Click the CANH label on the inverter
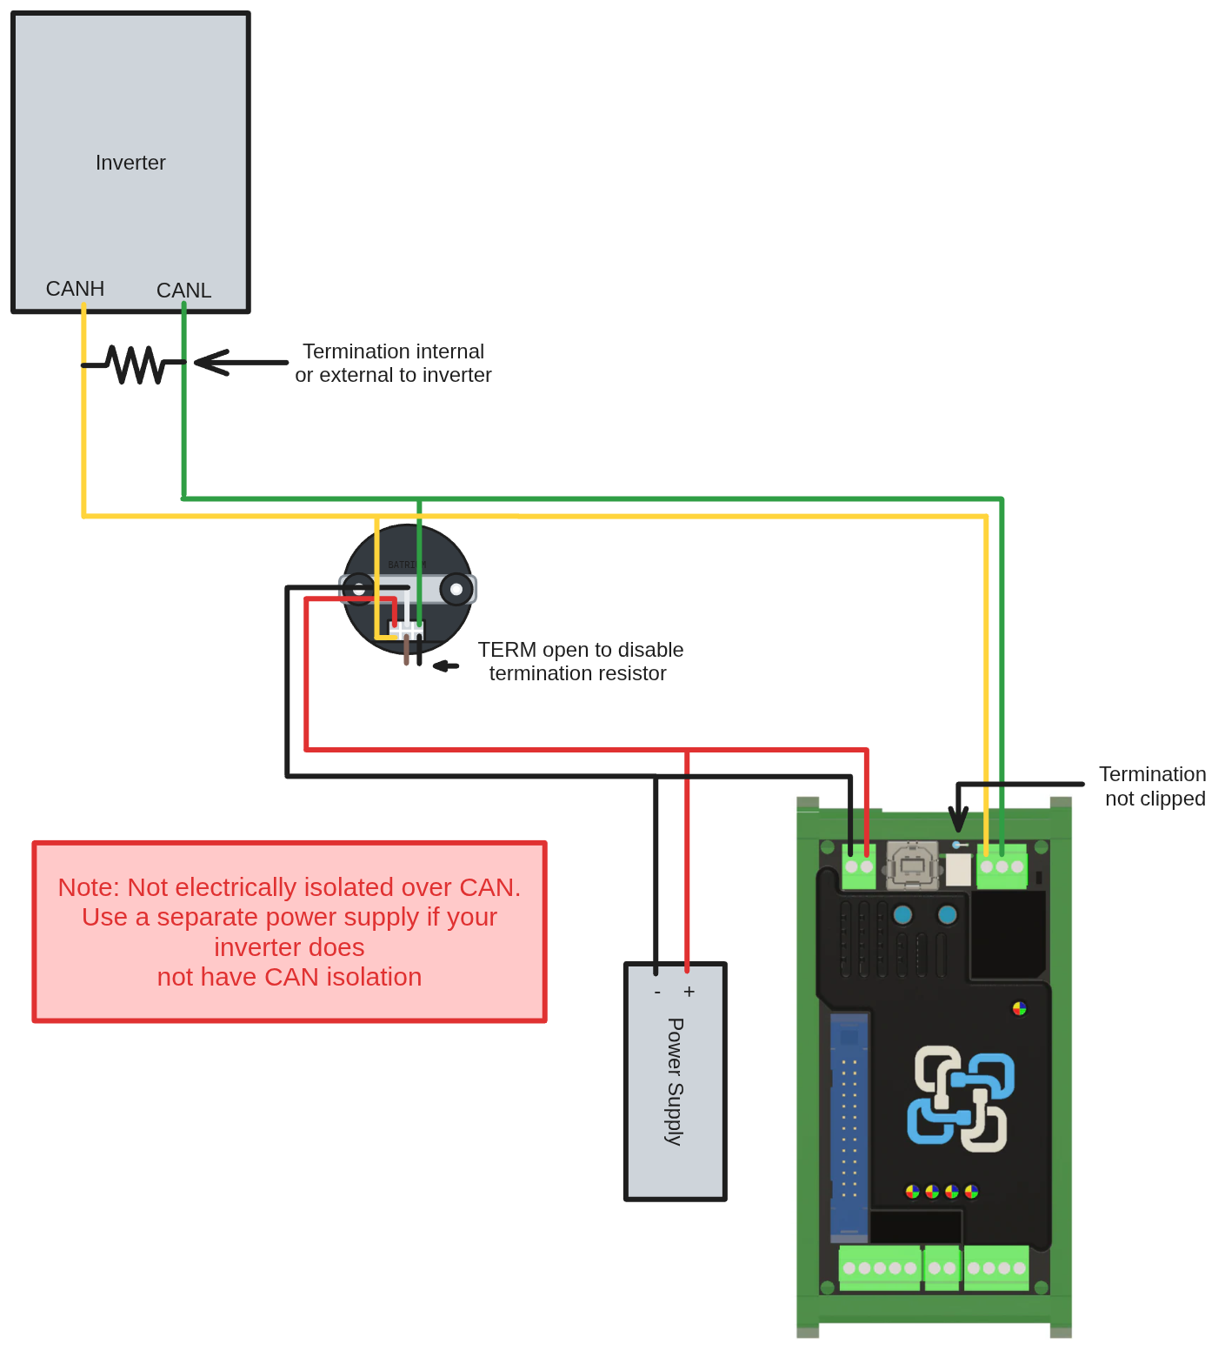tap(75, 289)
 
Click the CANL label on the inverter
tap(183, 291)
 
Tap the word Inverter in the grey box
tap(130, 163)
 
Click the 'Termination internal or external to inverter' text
tap(393, 364)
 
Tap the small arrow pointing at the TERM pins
tap(446, 665)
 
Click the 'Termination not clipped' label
tap(1154, 786)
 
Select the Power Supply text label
tap(675, 1081)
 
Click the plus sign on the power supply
tap(689, 992)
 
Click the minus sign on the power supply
tap(657, 993)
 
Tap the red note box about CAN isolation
tap(290, 932)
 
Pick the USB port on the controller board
tap(912, 866)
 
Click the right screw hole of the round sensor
tap(456, 590)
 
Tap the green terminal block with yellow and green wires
tap(1002, 867)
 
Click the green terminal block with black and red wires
tap(859, 867)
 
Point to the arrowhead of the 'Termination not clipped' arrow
tap(958, 822)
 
